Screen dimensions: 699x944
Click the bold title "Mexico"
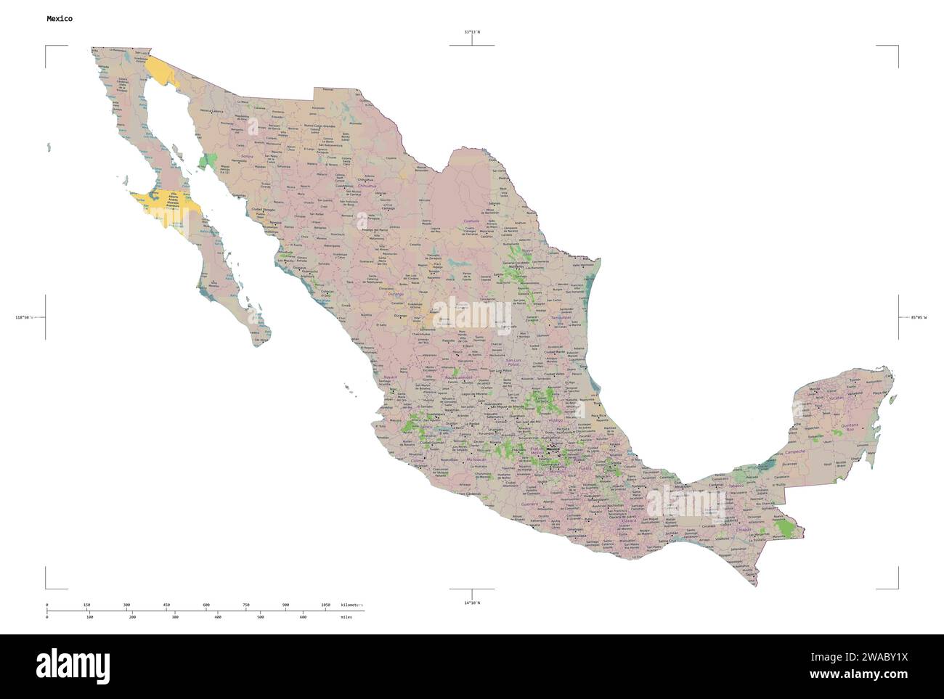pos(59,17)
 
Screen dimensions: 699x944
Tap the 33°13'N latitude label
pos(472,33)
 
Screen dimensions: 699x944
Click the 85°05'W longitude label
pos(919,318)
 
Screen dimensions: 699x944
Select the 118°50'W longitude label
pos(25,318)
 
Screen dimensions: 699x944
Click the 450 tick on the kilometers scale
pos(166,605)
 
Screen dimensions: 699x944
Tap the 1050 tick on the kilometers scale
pos(325,605)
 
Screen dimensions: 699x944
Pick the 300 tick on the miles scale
pos(175,618)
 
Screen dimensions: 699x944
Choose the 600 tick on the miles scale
pos(304,618)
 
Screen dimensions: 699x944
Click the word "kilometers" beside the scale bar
pos(351,605)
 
